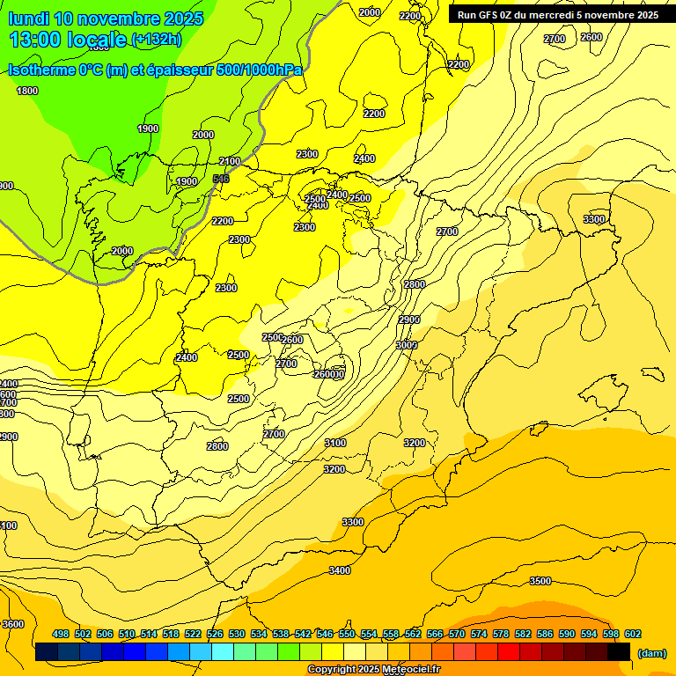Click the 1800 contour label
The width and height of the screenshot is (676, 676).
pyautogui.click(x=27, y=91)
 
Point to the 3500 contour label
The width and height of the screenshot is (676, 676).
pyautogui.click(x=540, y=581)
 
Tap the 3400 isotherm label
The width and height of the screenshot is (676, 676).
pyautogui.click(x=340, y=571)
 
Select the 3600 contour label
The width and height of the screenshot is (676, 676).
pyautogui.click(x=13, y=624)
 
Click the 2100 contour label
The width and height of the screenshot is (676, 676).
pyautogui.click(x=230, y=161)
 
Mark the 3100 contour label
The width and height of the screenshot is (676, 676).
pyautogui.click(x=335, y=443)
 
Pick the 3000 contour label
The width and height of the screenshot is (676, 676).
pyautogui.click(x=406, y=345)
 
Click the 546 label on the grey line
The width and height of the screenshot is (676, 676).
pyautogui.click(x=222, y=179)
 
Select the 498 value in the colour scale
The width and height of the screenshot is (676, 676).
pyautogui.click(x=61, y=634)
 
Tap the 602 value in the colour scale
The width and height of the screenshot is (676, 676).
pyautogui.click(x=633, y=634)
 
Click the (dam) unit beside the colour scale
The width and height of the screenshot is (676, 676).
pyautogui.click(x=652, y=652)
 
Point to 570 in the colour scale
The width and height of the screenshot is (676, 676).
pyautogui.click(x=457, y=634)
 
